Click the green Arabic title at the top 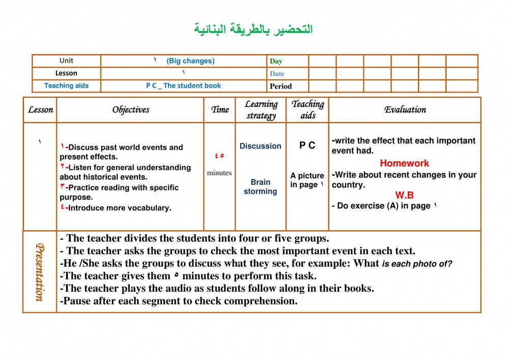(x=253, y=29)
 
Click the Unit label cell (x=66, y=61)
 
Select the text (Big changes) (x=190, y=61)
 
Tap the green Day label (x=276, y=61)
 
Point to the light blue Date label (x=277, y=74)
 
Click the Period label (x=281, y=86)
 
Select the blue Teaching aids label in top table (x=66, y=86)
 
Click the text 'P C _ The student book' (x=184, y=86)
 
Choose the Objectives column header (x=131, y=109)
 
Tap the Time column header (x=220, y=109)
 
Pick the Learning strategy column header (x=261, y=109)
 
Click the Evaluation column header (x=405, y=109)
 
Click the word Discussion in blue (x=261, y=146)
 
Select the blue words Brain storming (x=260, y=187)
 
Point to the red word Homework (x=404, y=163)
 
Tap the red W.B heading (x=404, y=195)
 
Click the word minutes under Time (x=219, y=173)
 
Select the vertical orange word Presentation (x=39, y=272)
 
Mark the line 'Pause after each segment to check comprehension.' (x=179, y=301)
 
